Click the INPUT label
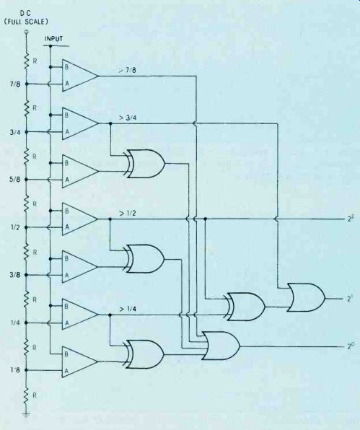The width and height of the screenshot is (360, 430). point(53,39)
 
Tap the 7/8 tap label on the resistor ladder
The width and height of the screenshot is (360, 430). point(15,84)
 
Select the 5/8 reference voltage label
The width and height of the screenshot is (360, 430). point(15,180)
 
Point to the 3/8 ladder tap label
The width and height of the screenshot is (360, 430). point(15,275)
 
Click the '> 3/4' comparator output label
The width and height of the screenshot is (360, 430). point(128,118)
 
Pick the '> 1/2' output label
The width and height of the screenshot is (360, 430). point(128,213)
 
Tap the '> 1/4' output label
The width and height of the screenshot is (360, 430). point(128,309)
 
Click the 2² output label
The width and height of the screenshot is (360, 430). point(351,219)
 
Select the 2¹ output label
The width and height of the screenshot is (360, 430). point(351,299)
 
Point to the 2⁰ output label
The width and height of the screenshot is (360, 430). point(351,346)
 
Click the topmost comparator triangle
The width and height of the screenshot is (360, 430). point(80,76)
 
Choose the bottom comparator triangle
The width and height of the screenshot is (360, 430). point(80,362)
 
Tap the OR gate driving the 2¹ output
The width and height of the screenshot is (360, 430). point(307,297)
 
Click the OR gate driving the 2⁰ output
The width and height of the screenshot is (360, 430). point(221,346)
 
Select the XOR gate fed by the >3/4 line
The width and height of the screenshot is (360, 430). point(144,164)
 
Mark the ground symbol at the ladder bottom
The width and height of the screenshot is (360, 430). point(26,414)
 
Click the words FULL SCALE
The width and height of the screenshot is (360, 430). point(26,22)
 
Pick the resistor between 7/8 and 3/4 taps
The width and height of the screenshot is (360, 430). point(27,108)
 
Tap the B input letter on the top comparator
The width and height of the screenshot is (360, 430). point(66,67)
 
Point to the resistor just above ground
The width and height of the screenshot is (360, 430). point(27,395)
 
